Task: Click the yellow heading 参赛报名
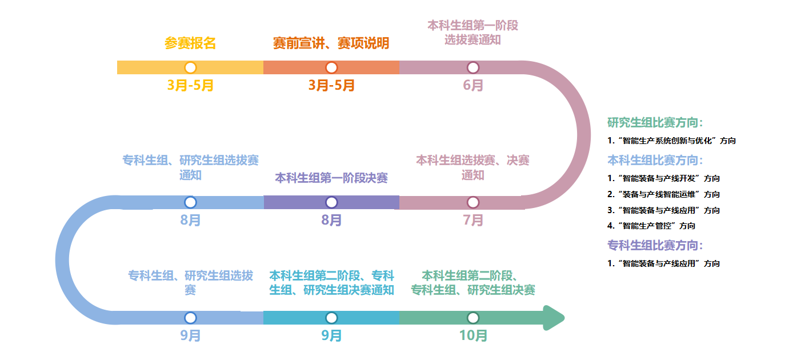point(190,43)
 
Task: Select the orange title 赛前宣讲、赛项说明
point(331,43)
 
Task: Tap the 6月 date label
point(473,85)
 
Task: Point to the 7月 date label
point(473,220)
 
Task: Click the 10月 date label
point(473,335)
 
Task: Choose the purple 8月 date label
point(331,220)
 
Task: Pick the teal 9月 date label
point(331,335)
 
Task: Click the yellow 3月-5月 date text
point(190,85)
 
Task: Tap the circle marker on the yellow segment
point(190,67)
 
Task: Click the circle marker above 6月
point(473,67)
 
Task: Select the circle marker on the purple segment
point(331,202)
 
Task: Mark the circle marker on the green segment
point(473,318)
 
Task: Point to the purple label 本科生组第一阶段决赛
point(331,178)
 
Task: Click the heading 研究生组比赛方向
point(655,123)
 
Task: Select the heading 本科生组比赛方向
point(655,161)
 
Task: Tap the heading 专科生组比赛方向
point(655,246)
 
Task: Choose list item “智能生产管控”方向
point(651,226)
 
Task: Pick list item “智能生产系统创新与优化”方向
point(671,141)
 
